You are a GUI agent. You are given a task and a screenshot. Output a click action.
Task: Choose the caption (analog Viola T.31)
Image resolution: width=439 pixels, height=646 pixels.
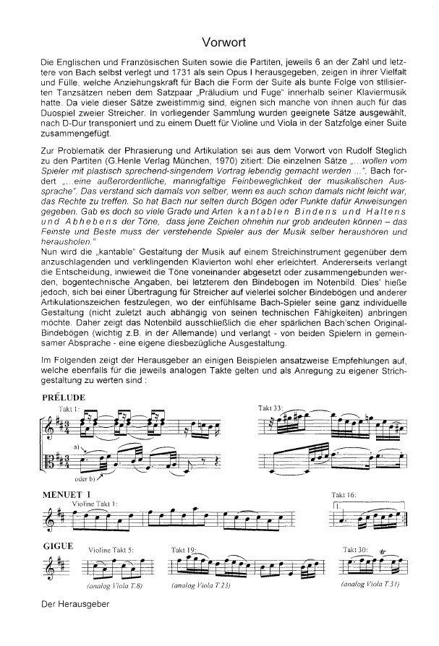(370, 583)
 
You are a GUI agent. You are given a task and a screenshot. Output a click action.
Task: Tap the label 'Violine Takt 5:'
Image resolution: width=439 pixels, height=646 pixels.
(111, 550)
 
